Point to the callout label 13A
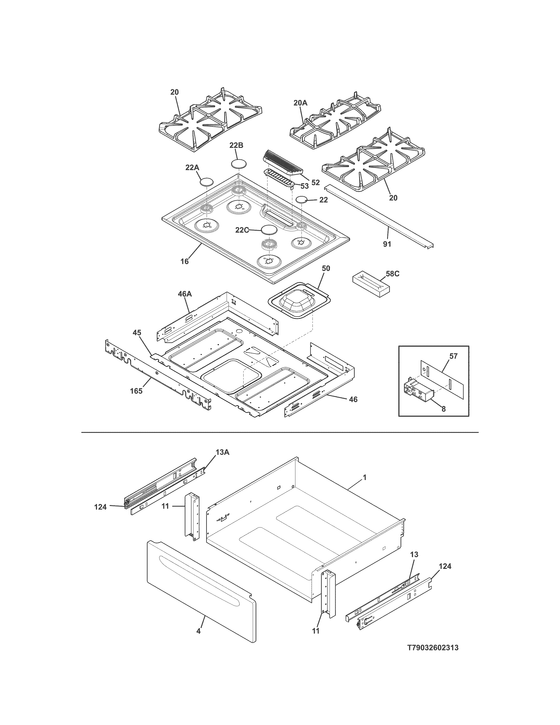(x=222, y=452)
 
